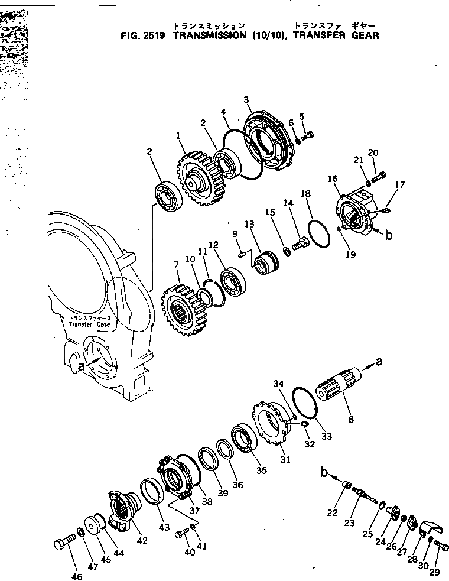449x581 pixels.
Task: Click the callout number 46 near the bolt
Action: (x=77, y=576)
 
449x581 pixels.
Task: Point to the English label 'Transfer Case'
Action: (x=89, y=324)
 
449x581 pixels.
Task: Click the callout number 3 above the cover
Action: (x=246, y=100)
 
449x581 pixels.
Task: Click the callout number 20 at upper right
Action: (x=373, y=152)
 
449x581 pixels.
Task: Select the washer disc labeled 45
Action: (x=93, y=525)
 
